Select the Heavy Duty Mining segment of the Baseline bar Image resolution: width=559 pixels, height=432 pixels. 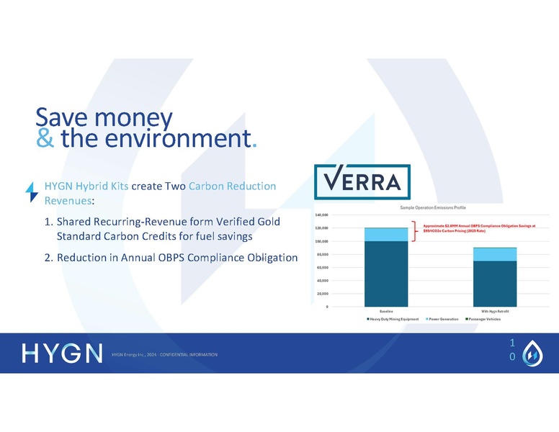(x=386, y=274)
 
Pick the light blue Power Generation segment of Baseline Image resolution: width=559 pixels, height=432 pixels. (x=386, y=234)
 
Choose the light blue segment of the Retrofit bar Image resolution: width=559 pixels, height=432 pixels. (x=494, y=254)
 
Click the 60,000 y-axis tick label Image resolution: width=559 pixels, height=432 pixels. (x=323, y=267)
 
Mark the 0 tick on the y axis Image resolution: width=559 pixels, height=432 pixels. (x=327, y=307)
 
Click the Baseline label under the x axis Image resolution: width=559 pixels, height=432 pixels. (x=386, y=310)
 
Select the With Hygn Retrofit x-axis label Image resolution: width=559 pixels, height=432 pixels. (x=495, y=310)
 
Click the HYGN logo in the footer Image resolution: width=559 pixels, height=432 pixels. (x=62, y=354)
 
